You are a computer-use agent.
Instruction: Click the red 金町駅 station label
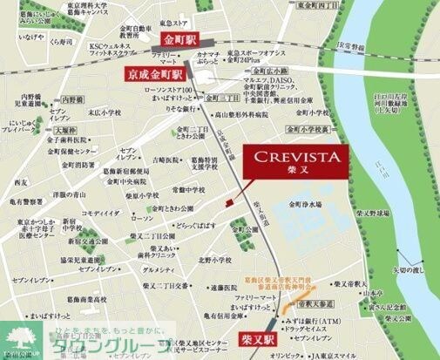179,40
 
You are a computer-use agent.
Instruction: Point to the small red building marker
229,202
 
